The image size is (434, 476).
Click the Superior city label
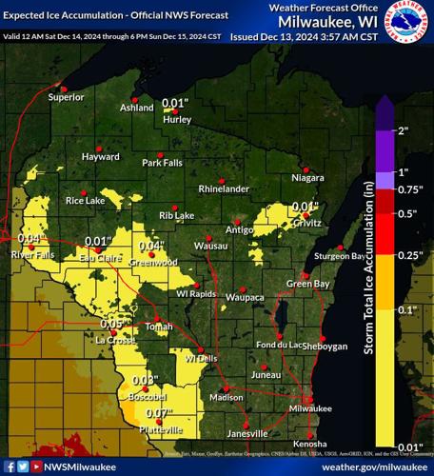point(67,97)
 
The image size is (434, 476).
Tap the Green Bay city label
point(307,284)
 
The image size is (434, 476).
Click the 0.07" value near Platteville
point(159,413)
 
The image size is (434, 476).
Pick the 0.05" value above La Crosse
point(113,324)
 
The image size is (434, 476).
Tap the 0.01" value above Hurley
point(175,103)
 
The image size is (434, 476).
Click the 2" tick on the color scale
point(403,130)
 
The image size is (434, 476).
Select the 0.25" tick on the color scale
point(407,255)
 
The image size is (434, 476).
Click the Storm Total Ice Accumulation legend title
point(368,272)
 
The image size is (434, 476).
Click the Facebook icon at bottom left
point(9,466)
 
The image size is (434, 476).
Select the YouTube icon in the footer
point(36,466)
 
